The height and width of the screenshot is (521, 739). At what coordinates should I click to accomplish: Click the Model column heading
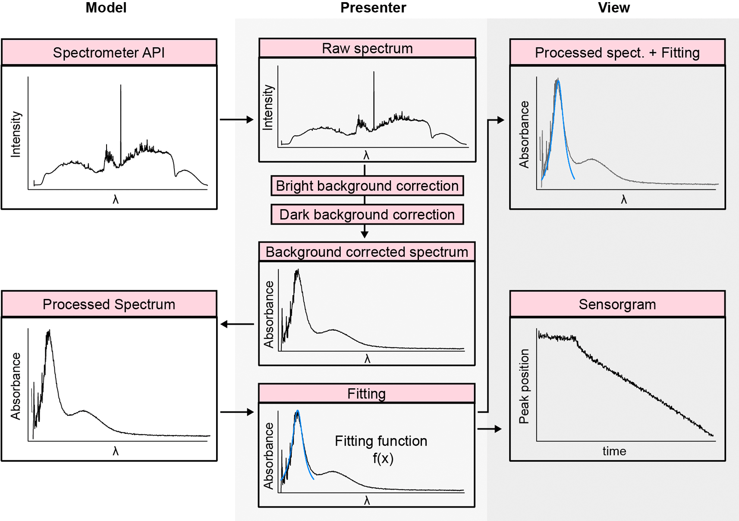click(x=106, y=8)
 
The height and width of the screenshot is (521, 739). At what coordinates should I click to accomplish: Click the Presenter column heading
click(x=373, y=8)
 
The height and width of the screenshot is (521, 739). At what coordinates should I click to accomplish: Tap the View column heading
click(x=613, y=8)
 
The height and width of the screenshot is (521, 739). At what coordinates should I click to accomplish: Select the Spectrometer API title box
click(x=109, y=53)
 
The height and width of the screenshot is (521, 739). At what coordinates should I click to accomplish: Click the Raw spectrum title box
click(x=367, y=48)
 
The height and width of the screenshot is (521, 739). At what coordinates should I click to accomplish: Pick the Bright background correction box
click(x=367, y=186)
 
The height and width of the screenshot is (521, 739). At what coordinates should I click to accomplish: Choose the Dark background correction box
click(x=367, y=215)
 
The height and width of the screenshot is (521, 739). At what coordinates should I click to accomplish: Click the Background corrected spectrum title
click(x=367, y=252)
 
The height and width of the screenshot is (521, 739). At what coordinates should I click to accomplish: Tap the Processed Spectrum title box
click(x=109, y=304)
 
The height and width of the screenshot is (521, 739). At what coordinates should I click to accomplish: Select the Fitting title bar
click(x=367, y=393)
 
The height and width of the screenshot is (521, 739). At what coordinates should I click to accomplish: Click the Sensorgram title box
click(x=617, y=304)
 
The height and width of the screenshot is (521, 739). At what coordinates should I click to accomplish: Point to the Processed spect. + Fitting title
click(x=617, y=53)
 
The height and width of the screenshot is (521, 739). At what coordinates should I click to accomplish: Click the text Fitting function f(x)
click(x=381, y=449)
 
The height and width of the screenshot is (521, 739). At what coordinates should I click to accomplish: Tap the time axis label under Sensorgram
click(x=614, y=451)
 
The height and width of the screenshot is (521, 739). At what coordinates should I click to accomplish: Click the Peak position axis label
click(x=524, y=386)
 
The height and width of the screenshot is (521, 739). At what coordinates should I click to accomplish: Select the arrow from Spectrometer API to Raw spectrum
click(x=236, y=119)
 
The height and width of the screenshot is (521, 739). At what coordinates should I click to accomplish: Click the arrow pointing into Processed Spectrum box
click(x=237, y=324)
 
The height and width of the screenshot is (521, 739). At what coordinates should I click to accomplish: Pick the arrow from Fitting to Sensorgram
click(x=490, y=429)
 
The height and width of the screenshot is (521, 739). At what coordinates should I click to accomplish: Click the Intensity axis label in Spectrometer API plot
click(x=16, y=135)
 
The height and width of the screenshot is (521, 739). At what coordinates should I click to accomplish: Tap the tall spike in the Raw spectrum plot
click(x=374, y=100)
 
